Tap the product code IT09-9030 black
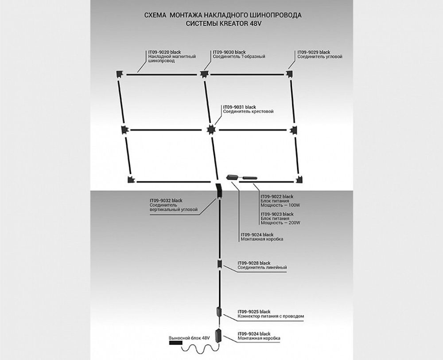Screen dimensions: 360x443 click(x=229, y=52)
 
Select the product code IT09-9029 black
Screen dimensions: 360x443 click(x=314, y=52)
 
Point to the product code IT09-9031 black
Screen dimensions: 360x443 click(x=240, y=107)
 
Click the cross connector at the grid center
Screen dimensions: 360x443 click(x=212, y=129)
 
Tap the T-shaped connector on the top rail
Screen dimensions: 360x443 click(x=204, y=74)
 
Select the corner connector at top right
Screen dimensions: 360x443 click(x=290, y=74)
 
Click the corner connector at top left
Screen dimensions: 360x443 click(x=120, y=74)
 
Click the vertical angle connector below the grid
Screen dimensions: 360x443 click(x=218, y=192)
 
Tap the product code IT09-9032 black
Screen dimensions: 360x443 click(x=166, y=201)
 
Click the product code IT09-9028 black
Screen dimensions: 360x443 click(x=254, y=263)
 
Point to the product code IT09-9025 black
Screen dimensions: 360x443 click(x=254, y=312)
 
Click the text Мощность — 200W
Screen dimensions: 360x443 click(x=280, y=223)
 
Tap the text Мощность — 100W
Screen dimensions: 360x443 click(x=280, y=206)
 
